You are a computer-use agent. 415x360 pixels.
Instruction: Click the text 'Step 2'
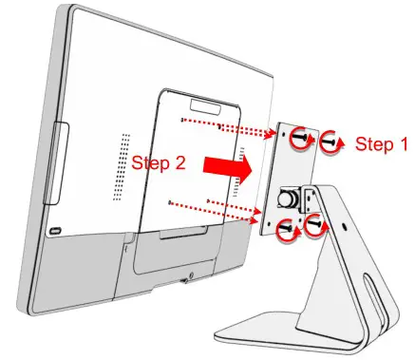pyautogui.click(x=159, y=161)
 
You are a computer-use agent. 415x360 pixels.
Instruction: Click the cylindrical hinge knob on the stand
pyautogui.click(x=288, y=200)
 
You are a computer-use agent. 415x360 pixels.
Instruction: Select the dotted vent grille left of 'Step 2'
pyautogui.click(x=123, y=165)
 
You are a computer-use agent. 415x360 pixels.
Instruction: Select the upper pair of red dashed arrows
pyautogui.click(x=233, y=130)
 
